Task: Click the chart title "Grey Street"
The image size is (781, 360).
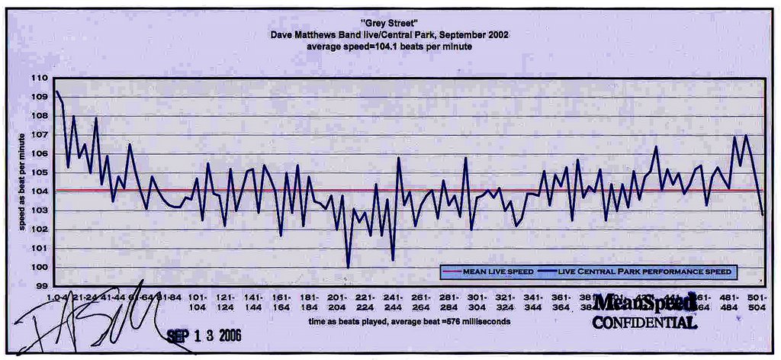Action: click(390, 23)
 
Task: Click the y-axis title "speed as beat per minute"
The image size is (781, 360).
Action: click(22, 182)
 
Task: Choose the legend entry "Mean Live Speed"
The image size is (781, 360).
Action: click(488, 272)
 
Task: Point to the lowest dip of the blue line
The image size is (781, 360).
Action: click(349, 267)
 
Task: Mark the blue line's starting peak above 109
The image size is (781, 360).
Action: click(56, 92)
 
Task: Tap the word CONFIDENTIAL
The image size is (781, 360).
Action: click(644, 323)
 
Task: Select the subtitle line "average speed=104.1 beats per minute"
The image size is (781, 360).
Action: click(389, 47)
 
